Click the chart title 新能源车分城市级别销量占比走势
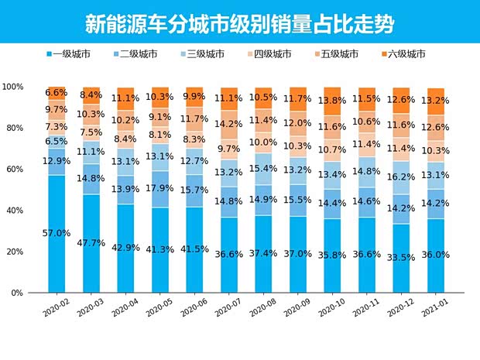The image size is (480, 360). tap(239, 23)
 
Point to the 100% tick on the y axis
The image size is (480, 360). tap(12, 87)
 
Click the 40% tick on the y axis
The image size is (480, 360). tap(14, 211)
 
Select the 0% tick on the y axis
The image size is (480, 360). tap(17, 293)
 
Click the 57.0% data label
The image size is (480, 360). tap(57, 233)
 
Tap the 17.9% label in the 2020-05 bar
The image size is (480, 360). tap(161, 187)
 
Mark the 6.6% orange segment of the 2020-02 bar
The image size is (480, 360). tap(57, 93)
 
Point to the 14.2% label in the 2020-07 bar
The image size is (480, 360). tap(230, 123)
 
